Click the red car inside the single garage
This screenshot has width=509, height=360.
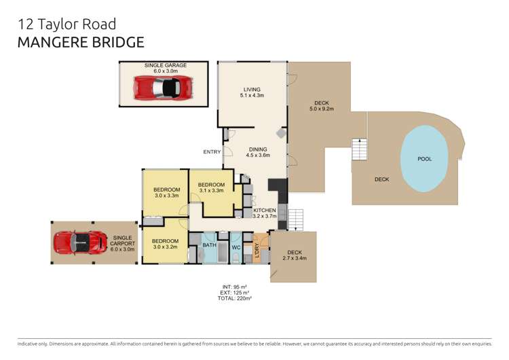point(162,88)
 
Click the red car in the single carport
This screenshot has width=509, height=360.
point(80,242)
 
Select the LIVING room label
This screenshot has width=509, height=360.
point(252,89)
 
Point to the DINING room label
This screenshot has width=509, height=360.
point(257,149)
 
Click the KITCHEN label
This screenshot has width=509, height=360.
point(264,211)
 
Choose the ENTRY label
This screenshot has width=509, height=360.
point(212,151)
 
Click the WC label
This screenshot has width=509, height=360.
point(236,247)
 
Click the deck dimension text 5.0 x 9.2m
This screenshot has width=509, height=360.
point(322,109)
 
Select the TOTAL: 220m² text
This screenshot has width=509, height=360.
point(235,298)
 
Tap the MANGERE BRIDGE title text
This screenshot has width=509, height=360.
point(81,42)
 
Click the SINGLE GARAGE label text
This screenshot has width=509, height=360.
point(165,65)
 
